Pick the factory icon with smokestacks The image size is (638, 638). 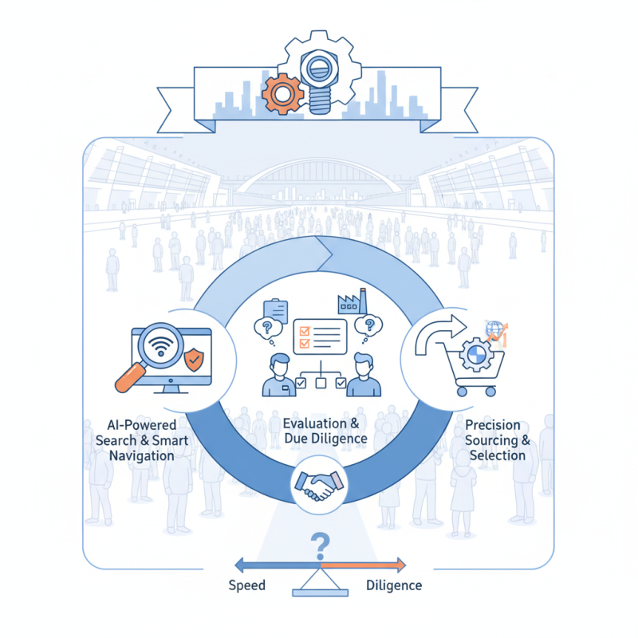coord(351,302)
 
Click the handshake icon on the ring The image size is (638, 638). coord(318,485)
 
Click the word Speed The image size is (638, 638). coord(246,585)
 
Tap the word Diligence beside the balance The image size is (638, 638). coord(394,585)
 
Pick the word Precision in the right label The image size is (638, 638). coord(492,425)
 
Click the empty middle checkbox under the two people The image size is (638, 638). coord(319,383)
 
